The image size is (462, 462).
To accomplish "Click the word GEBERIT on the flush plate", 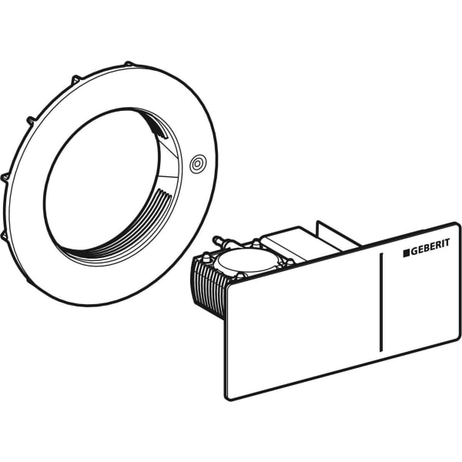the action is (430, 245).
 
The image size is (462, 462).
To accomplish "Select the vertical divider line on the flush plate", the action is (381, 302).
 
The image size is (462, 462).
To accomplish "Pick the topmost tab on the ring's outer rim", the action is (128, 63).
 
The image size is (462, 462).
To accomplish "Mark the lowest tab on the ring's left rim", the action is (3, 234).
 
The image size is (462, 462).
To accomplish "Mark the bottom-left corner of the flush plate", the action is (227, 399).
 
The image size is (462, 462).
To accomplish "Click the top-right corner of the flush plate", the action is (458, 224).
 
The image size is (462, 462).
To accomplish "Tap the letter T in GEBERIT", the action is (447, 243).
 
